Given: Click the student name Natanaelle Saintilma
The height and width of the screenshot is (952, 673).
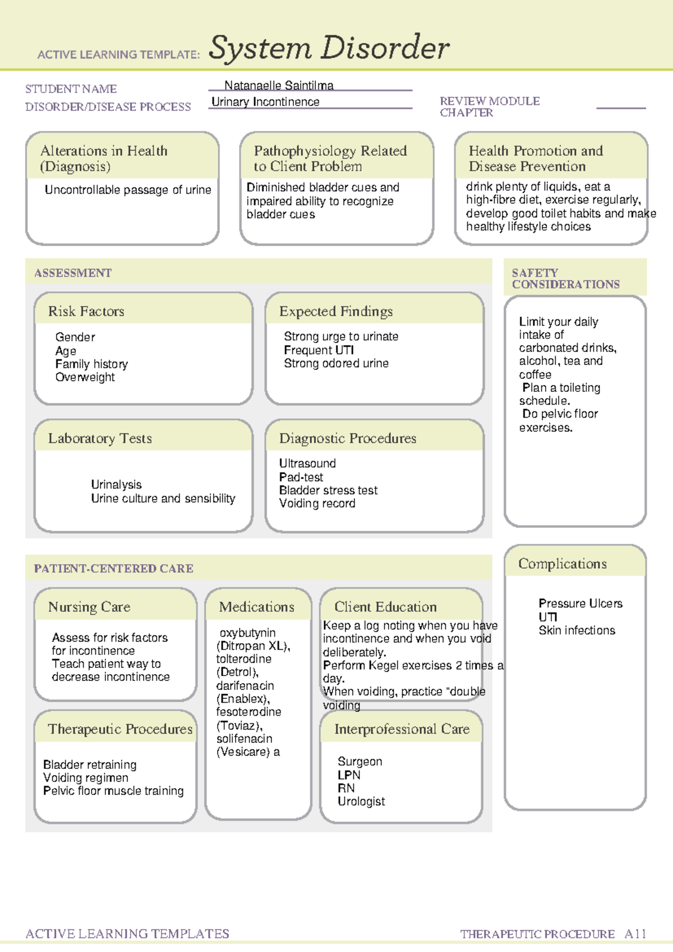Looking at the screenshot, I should tap(279, 85).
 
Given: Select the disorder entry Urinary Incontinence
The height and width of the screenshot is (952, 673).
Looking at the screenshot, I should tap(265, 102).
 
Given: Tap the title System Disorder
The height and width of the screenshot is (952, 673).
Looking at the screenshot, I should tap(329, 48).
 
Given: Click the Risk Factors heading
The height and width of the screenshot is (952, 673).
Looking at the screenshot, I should tap(86, 312).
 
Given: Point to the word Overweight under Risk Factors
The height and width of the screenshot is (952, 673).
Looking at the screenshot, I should tap(85, 378).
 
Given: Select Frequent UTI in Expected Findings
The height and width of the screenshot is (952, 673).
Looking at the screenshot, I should tap(319, 350).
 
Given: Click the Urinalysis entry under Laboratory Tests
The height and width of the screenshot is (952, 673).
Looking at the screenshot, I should tap(116, 484).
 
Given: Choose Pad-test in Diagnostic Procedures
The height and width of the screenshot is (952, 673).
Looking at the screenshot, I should tap(301, 477).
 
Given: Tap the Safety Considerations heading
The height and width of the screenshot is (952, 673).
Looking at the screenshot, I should tap(565, 278).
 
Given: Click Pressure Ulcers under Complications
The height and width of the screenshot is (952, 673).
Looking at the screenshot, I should tap(580, 603).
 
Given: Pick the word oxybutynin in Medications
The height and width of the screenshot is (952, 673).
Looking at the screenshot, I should tap(247, 633).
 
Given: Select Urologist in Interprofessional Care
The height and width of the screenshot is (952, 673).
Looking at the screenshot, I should tap(361, 802).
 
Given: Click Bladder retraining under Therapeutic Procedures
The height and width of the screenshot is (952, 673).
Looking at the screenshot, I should tap(90, 765).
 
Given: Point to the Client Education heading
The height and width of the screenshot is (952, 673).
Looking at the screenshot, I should tap(385, 607).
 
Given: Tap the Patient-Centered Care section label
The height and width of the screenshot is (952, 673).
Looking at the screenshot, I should tap(114, 569).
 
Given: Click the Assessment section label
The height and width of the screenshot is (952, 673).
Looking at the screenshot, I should tap(73, 273).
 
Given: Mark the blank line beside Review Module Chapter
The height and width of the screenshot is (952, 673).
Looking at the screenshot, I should tap(621, 107).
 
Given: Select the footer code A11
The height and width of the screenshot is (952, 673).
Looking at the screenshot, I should tap(635, 934).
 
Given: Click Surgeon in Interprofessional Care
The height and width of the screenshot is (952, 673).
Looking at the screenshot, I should tap(360, 762).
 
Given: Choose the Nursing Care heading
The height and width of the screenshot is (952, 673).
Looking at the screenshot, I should tap(89, 607).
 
